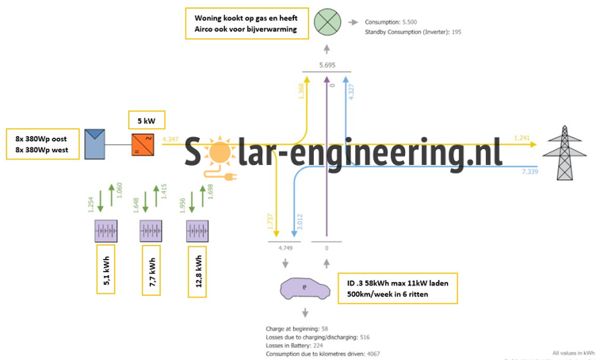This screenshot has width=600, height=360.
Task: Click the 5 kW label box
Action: (146, 121)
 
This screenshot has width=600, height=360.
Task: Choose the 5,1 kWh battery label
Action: (107, 270)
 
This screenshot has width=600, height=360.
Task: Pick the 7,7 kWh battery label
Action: (153, 270)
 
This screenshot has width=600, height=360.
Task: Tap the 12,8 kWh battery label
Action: (200, 270)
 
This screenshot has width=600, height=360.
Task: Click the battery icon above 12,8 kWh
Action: (198, 232)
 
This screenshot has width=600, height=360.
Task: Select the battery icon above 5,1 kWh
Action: (105, 232)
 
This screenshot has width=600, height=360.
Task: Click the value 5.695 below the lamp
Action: (327, 63)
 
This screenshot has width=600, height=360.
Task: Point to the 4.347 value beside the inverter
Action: (170, 140)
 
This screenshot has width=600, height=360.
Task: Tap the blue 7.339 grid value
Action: (529, 170)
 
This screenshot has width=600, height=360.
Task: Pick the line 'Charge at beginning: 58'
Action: (297, 327)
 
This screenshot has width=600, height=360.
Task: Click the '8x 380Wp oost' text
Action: (41, 136)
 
